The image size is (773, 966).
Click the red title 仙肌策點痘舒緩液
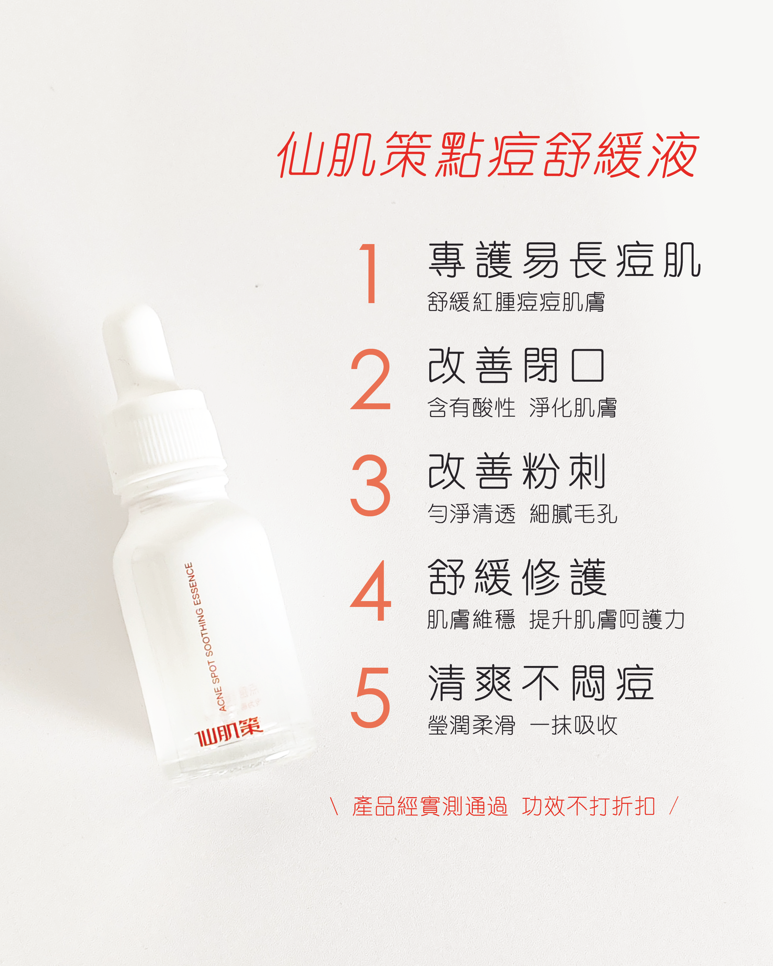click(488, 154)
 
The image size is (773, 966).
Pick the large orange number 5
click(371, 697)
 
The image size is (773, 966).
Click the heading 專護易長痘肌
click(564, 260)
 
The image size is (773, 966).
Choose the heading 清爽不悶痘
click(541, 683)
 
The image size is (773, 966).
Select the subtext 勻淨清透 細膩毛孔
click(522, 514)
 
